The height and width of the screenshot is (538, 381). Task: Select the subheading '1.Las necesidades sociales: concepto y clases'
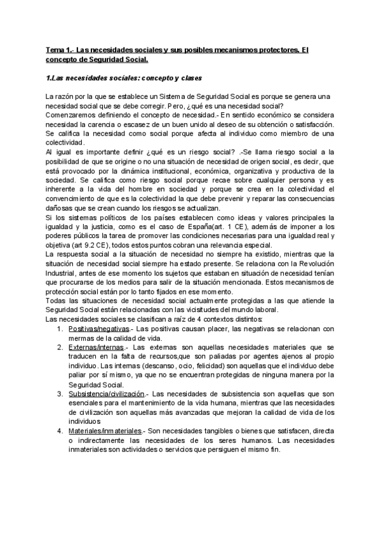(124, 79)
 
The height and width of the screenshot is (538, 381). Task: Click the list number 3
(59, 395)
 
